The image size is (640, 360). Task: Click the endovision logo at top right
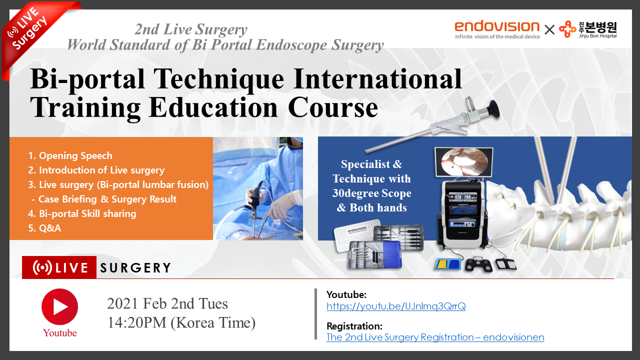497,29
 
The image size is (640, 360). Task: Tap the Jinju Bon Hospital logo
588,29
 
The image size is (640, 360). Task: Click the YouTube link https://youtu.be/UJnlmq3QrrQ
396,306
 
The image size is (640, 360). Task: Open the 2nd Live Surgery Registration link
435,337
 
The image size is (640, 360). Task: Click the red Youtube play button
59,307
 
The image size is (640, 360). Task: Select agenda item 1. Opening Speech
70,155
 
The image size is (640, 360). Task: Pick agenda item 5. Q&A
44,228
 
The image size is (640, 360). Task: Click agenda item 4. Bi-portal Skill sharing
82,213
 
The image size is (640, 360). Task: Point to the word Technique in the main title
219,79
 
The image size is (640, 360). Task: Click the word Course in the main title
333,107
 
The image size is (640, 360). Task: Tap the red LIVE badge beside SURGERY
59,267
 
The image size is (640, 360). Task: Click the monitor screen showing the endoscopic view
463,162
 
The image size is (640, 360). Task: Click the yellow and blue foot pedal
448,264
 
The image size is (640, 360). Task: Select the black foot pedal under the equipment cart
478,265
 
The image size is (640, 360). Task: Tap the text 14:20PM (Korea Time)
181,323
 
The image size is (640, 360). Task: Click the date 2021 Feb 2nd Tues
167,303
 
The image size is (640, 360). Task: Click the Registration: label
354,326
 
